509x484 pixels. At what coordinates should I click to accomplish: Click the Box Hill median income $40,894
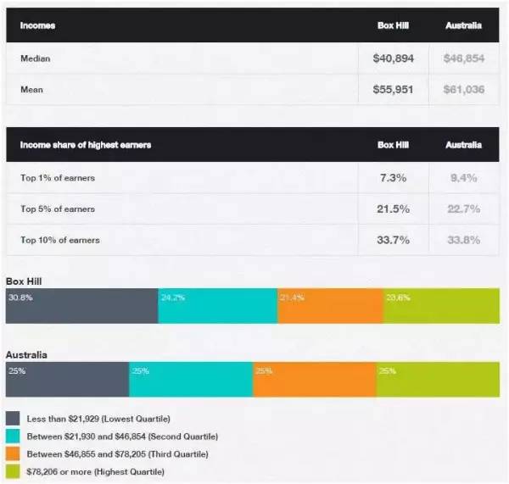[393, 59]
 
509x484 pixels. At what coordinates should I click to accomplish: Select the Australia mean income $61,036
[463, 89]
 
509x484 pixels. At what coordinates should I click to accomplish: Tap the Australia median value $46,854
[463, 59]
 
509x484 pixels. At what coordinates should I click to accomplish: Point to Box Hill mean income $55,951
[393, 89]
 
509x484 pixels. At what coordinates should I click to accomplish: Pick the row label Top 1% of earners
[58, 177]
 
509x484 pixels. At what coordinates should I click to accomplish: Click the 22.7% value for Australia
[463, 209]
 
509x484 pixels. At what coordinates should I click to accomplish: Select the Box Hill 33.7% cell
[393, 240]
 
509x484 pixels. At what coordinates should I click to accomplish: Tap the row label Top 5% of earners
[58, 209]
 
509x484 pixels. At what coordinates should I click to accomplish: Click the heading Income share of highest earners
[86, 145]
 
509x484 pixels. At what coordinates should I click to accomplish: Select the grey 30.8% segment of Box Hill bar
[81, 306]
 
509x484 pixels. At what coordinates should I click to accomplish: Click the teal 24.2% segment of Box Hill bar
[217, 306]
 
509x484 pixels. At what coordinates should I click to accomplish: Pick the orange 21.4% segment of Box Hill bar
[330, 306]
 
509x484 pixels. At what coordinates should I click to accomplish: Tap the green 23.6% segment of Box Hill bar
[441, 306]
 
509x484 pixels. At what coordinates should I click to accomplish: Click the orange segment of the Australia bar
[315, 379]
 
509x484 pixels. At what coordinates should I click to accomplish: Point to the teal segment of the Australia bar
[191, 379]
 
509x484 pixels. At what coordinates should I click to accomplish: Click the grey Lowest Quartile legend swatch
[13, 419]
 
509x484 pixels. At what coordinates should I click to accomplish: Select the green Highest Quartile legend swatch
[13, 470]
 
